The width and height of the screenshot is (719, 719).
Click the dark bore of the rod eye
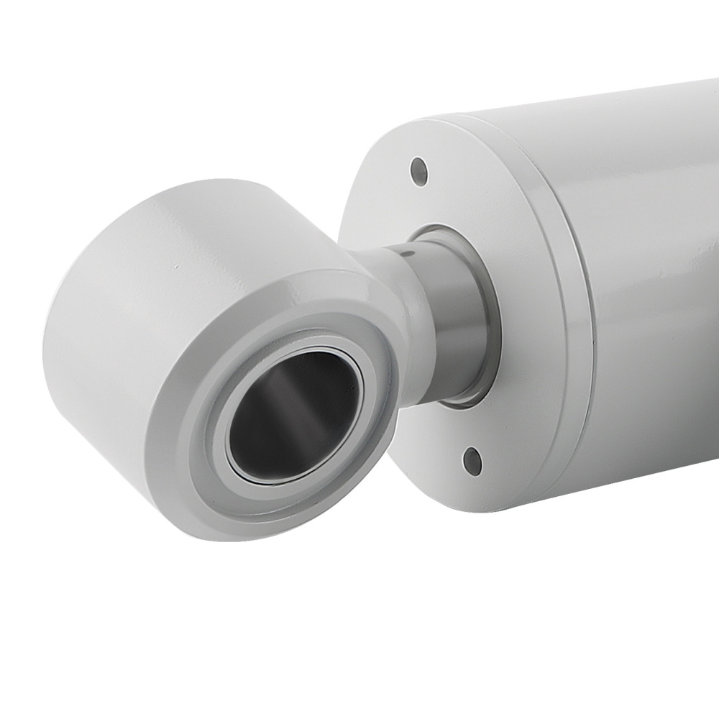(288, 417)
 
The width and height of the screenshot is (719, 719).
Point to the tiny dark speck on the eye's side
(175, 267)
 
